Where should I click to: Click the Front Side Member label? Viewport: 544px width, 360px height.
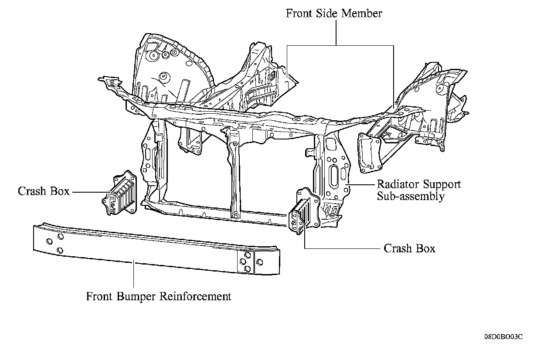pos(334,14)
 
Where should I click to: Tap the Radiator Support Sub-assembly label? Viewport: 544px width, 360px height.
pos(418,190)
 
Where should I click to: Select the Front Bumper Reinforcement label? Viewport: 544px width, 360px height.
pos(158,297)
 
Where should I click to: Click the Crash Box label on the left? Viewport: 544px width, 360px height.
pos(44,191)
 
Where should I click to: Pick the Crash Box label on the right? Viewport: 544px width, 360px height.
pos(409,248)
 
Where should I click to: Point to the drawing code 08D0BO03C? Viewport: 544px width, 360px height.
pos(503,337)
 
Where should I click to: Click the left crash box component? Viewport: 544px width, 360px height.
pos(119,194)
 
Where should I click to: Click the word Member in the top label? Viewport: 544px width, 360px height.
pos(361,14)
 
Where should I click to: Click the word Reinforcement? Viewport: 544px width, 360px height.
pos(196,297)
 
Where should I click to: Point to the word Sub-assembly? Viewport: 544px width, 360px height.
pos(411,196)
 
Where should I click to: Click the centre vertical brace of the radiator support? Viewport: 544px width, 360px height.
pos(234,174)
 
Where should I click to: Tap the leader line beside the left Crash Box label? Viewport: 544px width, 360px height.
pos(88,192)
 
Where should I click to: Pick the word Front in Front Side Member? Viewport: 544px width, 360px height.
pos(299,14)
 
